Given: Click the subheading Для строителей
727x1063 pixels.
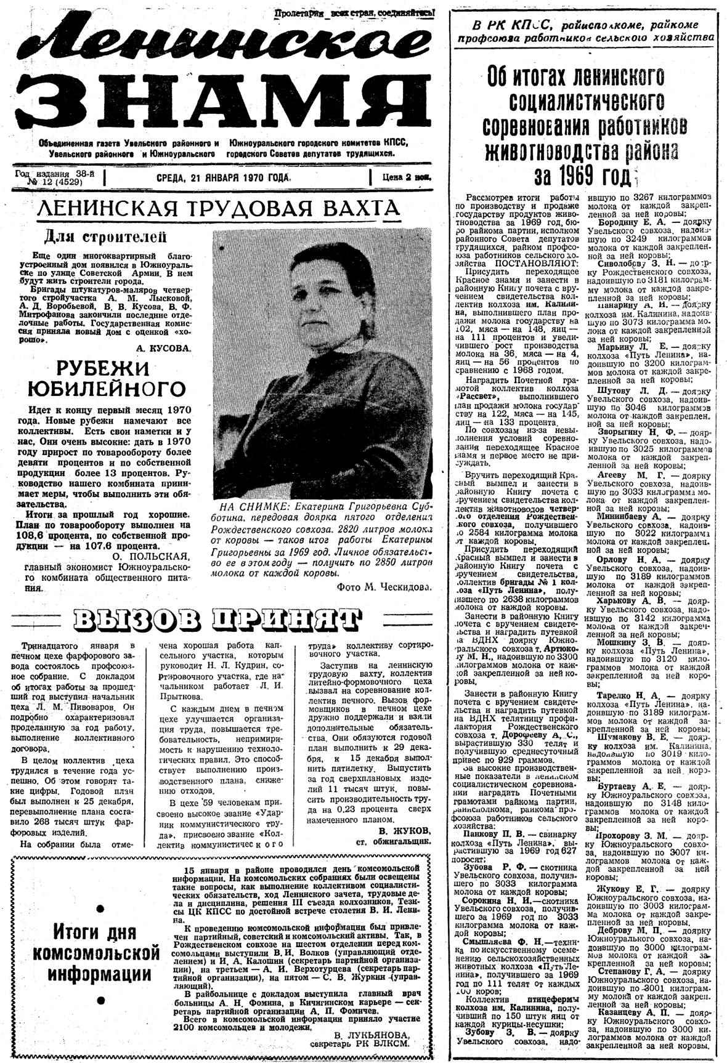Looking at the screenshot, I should click(x=105, y=236).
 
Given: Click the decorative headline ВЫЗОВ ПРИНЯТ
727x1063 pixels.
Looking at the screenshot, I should click(x=216, y=620).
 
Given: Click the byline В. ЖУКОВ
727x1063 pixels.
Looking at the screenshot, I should click(x=404, y=830).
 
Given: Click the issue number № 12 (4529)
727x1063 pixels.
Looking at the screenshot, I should click(x=54, y=182).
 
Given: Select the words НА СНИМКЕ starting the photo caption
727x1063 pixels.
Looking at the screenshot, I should click(x=246, y=506).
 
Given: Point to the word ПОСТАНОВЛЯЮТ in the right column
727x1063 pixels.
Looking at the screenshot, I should click(x=546, y=263).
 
